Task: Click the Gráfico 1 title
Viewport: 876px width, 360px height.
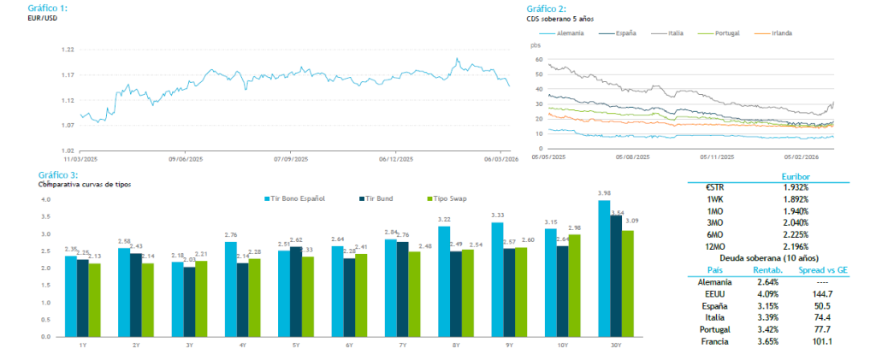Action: coord(49,8)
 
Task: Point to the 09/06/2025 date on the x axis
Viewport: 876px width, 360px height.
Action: coord(185,158)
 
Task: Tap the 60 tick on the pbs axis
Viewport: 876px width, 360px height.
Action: coord(538,60)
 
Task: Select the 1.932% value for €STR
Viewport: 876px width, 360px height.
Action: coord(795,186)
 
